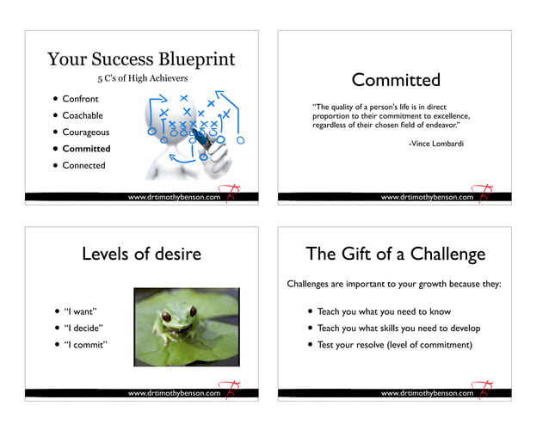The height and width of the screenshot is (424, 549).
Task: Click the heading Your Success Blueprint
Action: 140,59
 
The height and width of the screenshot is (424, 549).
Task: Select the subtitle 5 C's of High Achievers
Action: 141,79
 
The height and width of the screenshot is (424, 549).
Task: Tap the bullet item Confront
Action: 80,99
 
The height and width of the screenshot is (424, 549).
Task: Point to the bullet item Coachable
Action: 83,115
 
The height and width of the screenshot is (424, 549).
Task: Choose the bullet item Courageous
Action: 85,132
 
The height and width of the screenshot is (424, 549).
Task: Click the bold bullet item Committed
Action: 86,149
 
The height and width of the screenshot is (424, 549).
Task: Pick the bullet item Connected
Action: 83,165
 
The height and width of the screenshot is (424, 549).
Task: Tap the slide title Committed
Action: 396,80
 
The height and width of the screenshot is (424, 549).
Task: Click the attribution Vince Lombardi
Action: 435,144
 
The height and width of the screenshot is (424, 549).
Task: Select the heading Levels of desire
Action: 141,253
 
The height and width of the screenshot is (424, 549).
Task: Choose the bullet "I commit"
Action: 84,345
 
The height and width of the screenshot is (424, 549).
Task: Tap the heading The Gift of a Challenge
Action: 396,253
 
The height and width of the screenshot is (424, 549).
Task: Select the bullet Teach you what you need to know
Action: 384,311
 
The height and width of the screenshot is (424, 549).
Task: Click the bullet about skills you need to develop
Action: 398,328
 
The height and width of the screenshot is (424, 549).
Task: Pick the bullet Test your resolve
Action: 394,345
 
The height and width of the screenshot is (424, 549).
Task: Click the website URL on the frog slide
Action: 175,393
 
